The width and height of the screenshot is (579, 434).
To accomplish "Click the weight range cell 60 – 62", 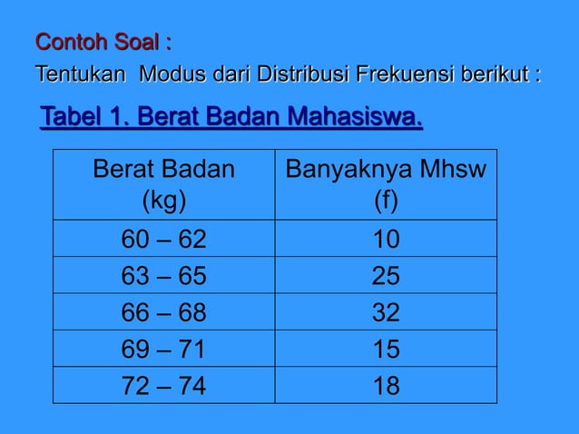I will tap(164, 239).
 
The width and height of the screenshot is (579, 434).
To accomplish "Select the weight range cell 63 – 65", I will tap(164, 276).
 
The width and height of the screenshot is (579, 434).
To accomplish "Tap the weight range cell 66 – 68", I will tap(164, 312).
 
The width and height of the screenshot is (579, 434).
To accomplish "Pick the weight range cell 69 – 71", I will tap(164, 350).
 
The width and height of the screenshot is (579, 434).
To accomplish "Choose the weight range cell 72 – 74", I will tap(164, 386).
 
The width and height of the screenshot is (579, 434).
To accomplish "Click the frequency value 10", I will tap(386, 239).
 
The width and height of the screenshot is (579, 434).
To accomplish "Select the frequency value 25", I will tap(386, 276).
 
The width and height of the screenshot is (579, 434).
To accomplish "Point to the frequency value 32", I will tap(386, 312).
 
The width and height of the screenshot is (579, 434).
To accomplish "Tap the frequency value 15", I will tap(386, 350).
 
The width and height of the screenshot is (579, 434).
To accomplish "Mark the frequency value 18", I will tap(386, 386).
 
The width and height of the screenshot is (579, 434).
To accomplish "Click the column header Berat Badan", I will tap(164, 170).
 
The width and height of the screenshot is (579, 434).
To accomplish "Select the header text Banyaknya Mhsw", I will tap(386, 170).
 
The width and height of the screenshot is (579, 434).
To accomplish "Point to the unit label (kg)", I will tap(164, 199).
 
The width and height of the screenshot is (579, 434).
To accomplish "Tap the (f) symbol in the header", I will tap(386, 199).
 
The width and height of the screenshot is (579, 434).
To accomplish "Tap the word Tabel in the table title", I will tap(69, 118).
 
